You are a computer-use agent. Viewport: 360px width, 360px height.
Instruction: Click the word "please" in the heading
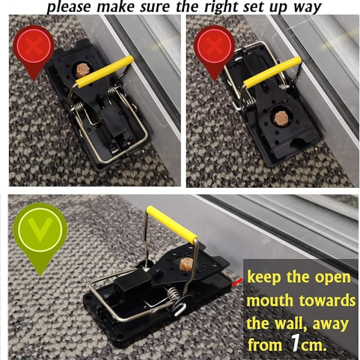click(69, 7)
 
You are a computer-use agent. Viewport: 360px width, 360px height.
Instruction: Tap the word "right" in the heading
click(221, 7)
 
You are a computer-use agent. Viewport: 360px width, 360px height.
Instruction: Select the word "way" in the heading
click(307, 8)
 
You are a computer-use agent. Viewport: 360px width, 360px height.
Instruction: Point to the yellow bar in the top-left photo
click(105, 72)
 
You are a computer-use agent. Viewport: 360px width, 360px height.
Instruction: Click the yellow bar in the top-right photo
click(272, 72)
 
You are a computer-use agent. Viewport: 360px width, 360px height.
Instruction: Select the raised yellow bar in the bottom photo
click(172, 224)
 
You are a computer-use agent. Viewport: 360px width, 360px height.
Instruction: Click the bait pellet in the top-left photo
click(81, 71)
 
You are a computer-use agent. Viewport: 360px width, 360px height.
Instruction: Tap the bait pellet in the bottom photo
click(187, 264)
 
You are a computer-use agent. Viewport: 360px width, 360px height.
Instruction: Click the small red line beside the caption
click(237, 283)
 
